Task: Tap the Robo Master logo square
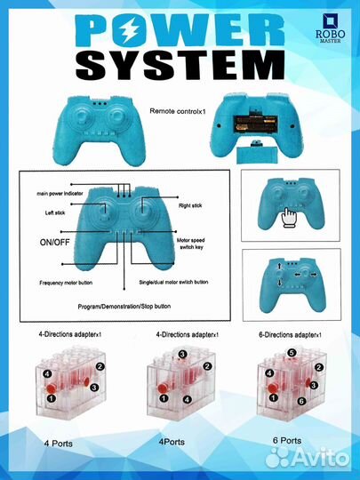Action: pos(330,21)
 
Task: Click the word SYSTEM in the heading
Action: pos(180,65)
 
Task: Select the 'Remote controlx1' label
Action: pos(177,111)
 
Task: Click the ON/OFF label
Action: pos(54,243)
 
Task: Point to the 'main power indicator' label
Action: pos(60,194)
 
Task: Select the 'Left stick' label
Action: pos(55,212)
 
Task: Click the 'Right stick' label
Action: pos(190,205)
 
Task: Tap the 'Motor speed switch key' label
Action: pos(191,244)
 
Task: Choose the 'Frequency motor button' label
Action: pos(66,283)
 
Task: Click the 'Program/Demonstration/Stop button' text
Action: pos(124,307)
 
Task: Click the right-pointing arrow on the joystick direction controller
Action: pos(314,275)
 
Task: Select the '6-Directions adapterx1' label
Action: pos(290,335)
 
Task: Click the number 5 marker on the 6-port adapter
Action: pos(292,353)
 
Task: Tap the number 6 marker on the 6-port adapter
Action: pos(301,401)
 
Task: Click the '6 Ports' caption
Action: pos(287,441)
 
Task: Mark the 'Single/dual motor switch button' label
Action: pos(173,282)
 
